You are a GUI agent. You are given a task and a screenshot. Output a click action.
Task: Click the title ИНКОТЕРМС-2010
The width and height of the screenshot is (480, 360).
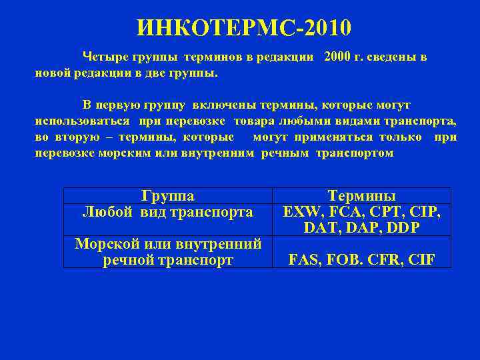pyautogui.click(x=243, y=27)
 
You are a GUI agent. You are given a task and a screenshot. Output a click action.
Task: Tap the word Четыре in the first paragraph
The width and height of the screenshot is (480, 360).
pyautogui.click(x=105, y=57)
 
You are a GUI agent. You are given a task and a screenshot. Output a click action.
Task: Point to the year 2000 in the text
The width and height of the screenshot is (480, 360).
pyautogui.click(x=339, y=57)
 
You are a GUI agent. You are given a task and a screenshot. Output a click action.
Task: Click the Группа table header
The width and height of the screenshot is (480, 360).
pyautogui.click(x=168, y=196)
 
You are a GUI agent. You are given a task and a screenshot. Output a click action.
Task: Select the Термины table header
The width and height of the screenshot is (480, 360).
pyautogui.click(x=362, y=196)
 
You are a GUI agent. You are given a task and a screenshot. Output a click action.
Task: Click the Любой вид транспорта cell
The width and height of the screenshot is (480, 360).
pyautogui.click(x=168, y=212)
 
